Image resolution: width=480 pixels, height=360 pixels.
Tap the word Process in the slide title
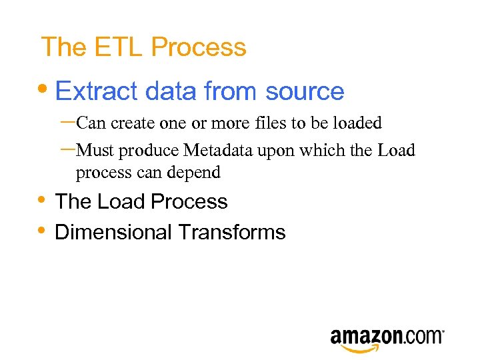[x=199, y=47]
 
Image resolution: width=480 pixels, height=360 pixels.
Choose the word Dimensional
[x=114, y=232]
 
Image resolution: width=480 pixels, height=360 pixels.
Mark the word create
[x=131, y=123]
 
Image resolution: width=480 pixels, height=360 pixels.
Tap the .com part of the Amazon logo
[x=422, y=336]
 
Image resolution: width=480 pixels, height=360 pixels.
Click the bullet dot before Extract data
[x=45, y=90]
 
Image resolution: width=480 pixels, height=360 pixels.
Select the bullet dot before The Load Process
[x=42, y=200]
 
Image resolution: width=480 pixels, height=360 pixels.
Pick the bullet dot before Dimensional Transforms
[x=42, y=231]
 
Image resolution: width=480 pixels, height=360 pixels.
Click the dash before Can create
[x=67, y=121]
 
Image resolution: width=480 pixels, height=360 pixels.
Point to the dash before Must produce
[x=67, y=149]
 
